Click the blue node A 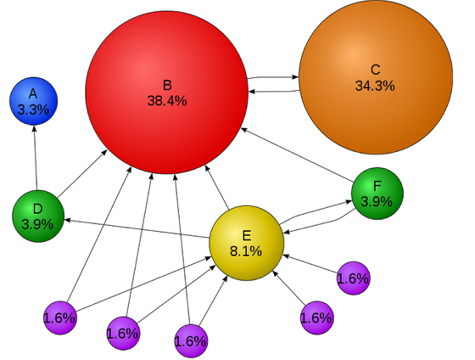[x=34, y=101]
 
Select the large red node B [x=167, y=93]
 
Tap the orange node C [x=376, y=77]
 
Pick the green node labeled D [x=38, y=217]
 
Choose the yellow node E [x=247, y=243]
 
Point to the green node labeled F [x=377, y=194]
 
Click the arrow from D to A [x=36, y=158]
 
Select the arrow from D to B [x=82, y=174]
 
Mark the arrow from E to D [x=137, y=228]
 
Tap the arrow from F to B [x=297, y=155]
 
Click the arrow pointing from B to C [x=273, y=77]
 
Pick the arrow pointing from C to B [x=274, y=91]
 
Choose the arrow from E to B [x=217, y=188]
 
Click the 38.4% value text [x=167, y=101]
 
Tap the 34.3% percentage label [x=375, y=86]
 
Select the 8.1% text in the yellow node [x=246, y=251]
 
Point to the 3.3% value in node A [x=33, y=110]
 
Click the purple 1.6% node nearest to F [x=354, y=278]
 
